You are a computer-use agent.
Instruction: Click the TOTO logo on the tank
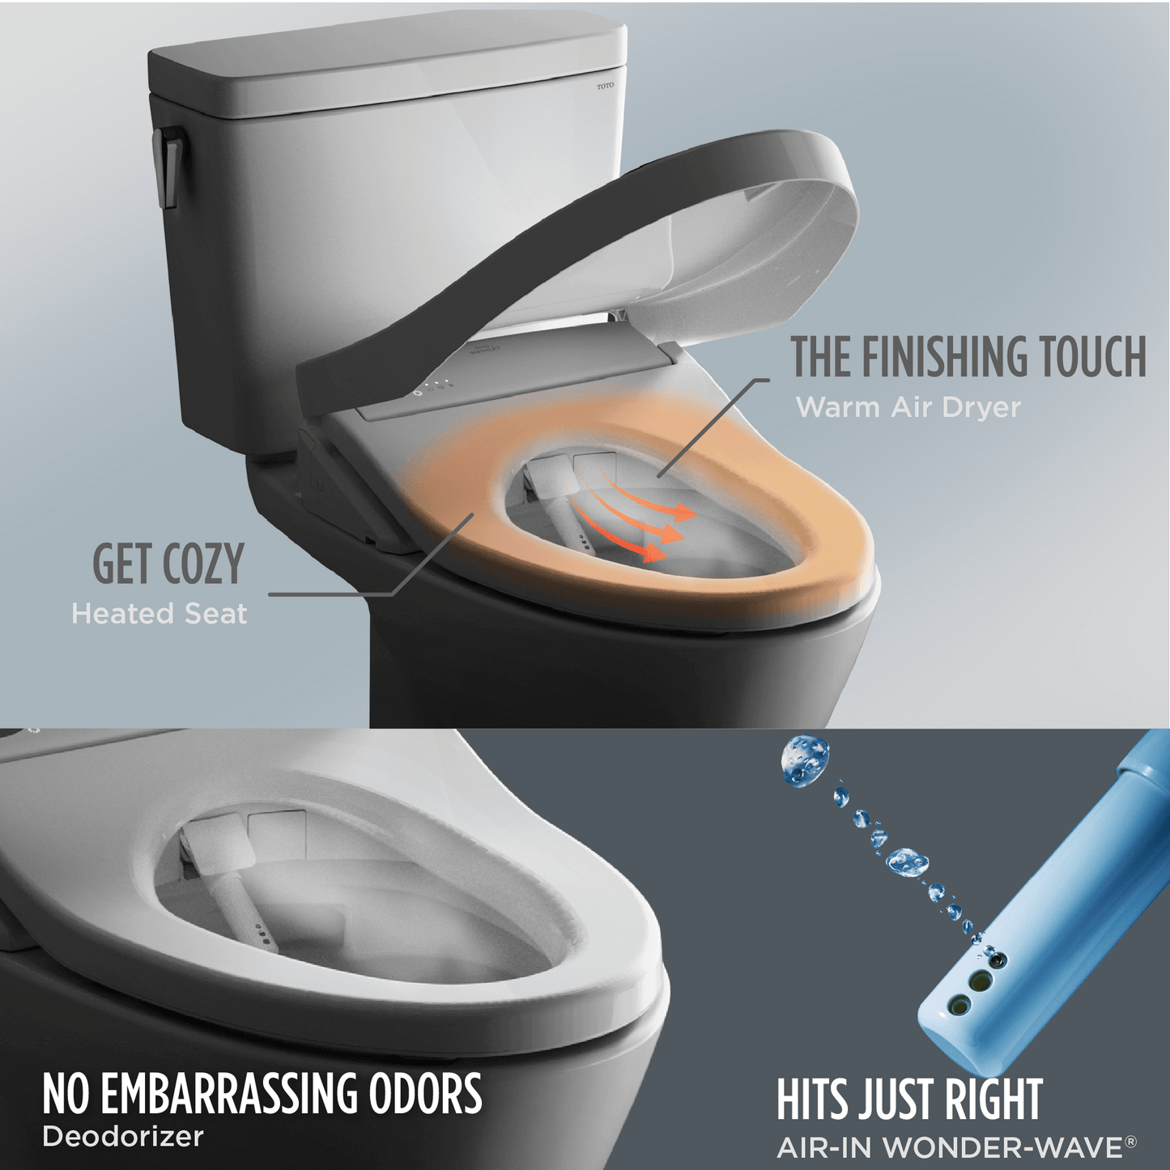(x=605, y=86)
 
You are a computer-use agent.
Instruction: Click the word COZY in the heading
(x=203, y=564)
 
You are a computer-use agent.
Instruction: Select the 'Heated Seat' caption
(x=160, y=614)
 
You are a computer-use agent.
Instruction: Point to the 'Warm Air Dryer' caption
(x=908, y=406)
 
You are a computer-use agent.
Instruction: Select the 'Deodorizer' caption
(x=123, y=1137)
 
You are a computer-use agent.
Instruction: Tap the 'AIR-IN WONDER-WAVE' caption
(x=949, y=1147)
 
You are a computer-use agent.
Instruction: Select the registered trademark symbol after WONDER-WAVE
(x=1130, y=1142)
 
